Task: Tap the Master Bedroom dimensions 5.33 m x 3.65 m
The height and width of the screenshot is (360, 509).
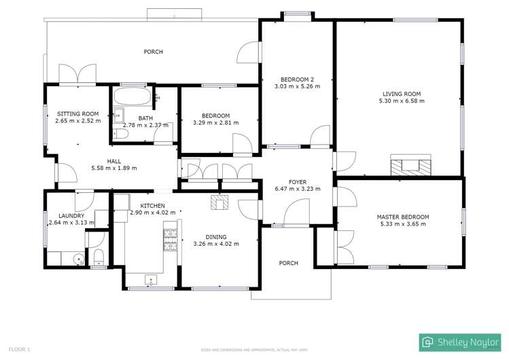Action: (403, 224)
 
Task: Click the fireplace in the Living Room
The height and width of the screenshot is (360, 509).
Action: (410, 164)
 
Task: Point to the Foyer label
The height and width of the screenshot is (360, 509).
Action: (298, 182)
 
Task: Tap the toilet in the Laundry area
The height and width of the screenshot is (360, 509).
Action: (98, 255)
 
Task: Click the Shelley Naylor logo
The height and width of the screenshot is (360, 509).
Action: (459, 342)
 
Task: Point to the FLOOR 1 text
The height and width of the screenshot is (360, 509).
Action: (20, 349)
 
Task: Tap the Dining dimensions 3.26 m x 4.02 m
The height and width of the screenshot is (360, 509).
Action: (215, 244)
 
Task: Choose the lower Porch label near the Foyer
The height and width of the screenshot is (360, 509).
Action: (289, 263)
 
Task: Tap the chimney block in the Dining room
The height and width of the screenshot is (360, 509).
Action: (219, 201)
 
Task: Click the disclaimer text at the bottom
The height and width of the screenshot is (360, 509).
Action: (254, 350)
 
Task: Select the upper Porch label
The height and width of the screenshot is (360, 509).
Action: (153, 52)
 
